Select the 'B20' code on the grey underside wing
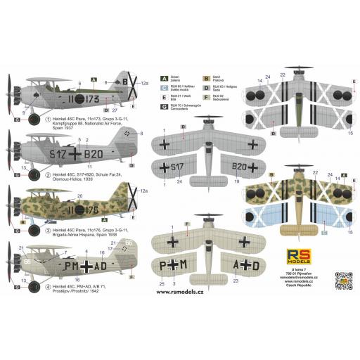point(236,167)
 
